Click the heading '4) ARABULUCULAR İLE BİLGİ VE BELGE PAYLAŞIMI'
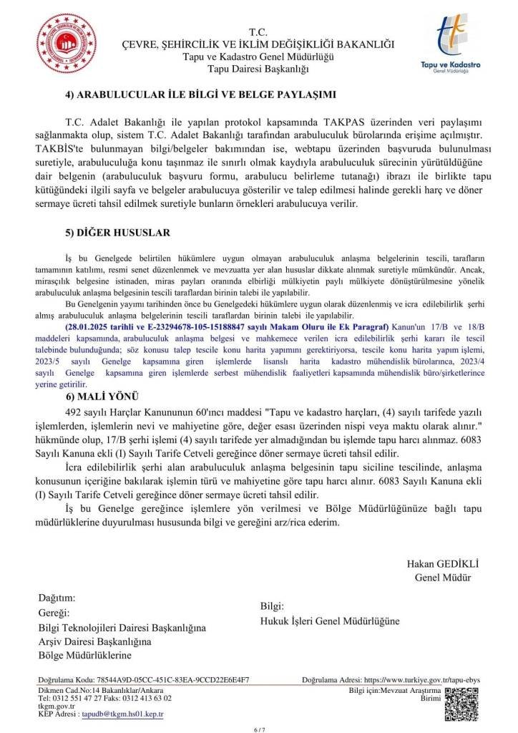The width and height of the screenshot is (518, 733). click(x=200, y=94)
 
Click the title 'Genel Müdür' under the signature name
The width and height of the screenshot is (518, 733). click(x=442, y=577)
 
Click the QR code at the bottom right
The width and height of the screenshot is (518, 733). click(x=459, y=698)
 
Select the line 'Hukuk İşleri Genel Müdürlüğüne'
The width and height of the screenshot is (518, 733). click(x=330, y=621)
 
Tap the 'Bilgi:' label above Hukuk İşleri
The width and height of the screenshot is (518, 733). click(x=273, y=606)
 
